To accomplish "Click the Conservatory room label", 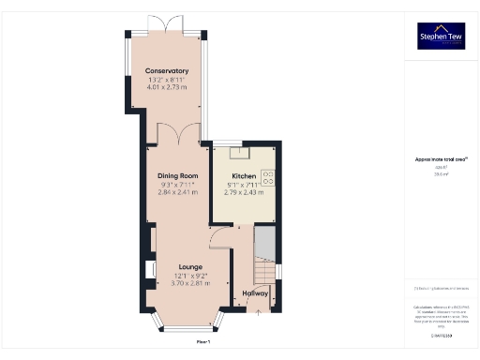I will (167, 71).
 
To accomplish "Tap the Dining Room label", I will (176, 176).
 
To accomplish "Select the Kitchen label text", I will (244, 176).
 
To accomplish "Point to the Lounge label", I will (191, 267).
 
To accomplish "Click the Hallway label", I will (256, 293).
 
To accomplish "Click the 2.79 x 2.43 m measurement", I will (244, 192).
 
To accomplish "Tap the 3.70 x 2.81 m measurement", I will (191, 283).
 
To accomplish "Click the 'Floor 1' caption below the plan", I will (189, 344).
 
